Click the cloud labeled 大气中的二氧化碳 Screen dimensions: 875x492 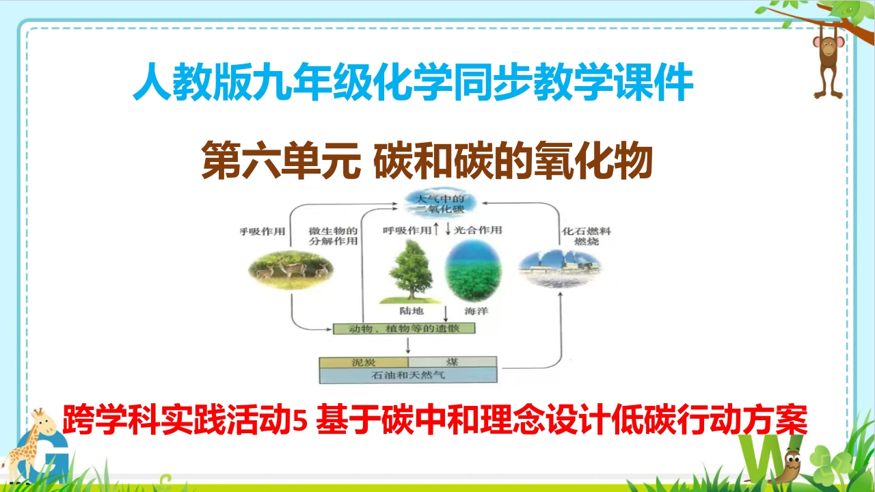(x=440, y=204)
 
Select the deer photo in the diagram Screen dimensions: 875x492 (x=291, y=269)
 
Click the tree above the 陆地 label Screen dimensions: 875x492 (x=411, y=271)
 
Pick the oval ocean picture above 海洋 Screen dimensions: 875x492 (x=474, y=271)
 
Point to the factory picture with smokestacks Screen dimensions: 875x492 (x=560, y=269)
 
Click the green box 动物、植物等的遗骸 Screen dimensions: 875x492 (x=404, y=329)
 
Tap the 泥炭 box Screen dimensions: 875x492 (x=364, y=362)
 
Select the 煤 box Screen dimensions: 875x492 (x=453, y=362)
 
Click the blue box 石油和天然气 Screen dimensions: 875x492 (x=408, y=375)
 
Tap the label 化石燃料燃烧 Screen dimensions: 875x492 (x=587, y=236)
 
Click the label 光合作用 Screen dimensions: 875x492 (x=478, y=230)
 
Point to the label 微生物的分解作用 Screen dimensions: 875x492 (x=333, y=236)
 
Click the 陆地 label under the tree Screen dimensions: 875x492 (x=412, y=311)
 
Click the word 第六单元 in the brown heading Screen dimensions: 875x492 (x=281, y=161)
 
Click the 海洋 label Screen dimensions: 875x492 (x=476, y=311)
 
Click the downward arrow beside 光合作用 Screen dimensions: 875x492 (x=448, y=229)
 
